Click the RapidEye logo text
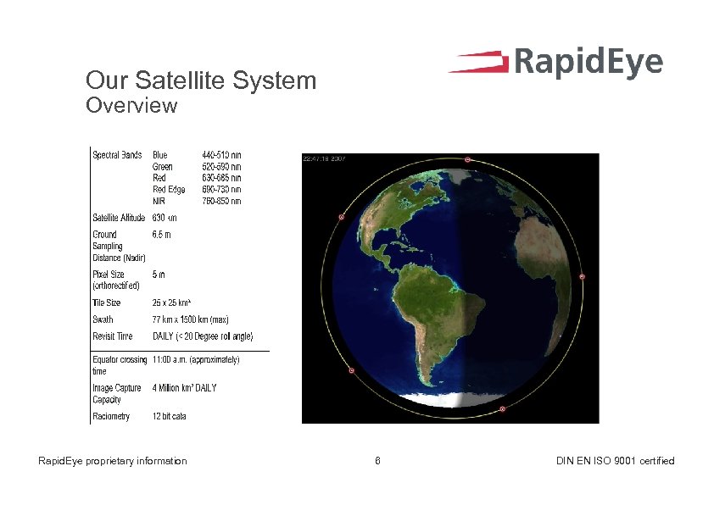[x=588, y=63]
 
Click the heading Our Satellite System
[x=200, y=81]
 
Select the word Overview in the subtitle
[x=131, y=106]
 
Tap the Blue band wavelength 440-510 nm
[x=221, y=155]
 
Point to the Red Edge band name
[x=169, y=190]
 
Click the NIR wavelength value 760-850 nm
[x=221, y=201]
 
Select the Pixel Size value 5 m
[x=159, y=275]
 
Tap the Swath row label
[x=103, y=319]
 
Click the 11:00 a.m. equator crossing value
[x=195, y=360]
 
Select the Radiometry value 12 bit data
[x=170, y=416]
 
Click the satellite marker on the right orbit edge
[x=583, y=276]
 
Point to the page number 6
[x=377, y=461]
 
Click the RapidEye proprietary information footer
[x=113, y=461]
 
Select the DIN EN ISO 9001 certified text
[x=615, y=461]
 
